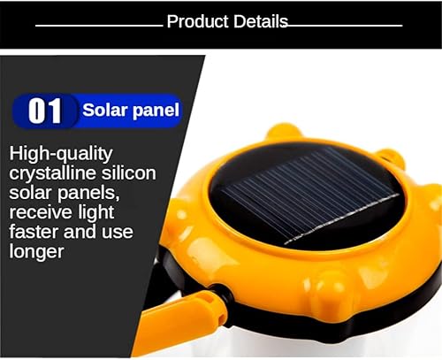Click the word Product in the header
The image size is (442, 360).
pyautogui.click(x=196, y=22)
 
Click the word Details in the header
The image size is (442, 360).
pyautogui.click(x=259, y=22)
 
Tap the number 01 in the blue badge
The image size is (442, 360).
pyautogui.click(x=45, y=111)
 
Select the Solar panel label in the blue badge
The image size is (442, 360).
pyautogui.click(x=131, y=111)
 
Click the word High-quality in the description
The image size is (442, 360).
pyautogui.click(x=61, y=153)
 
